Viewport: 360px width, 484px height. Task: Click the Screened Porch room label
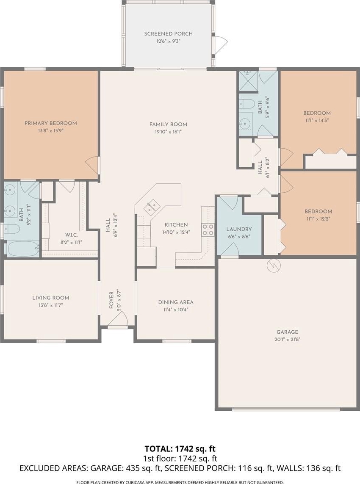click(168, 33)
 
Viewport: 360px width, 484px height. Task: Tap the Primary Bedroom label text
click(51, 123)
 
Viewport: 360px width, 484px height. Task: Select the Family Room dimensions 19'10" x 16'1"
click(168, 132)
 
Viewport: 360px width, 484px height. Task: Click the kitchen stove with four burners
click(208, 230)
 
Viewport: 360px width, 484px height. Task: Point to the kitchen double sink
click(151, 207)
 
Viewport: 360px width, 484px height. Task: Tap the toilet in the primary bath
click(12, 229)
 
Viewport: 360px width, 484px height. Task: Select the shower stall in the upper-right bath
click(248, 81)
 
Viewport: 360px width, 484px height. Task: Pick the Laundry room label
click(239, 230)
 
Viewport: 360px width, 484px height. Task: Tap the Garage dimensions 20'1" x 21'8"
click(287, 339)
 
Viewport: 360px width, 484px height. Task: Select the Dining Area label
click(176, 302)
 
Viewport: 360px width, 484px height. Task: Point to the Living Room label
click(51, 298)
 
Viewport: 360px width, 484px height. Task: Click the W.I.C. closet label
click(71, 235)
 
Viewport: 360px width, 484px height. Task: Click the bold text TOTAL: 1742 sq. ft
click(180, 448)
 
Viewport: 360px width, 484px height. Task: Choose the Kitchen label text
click(176, 225)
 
